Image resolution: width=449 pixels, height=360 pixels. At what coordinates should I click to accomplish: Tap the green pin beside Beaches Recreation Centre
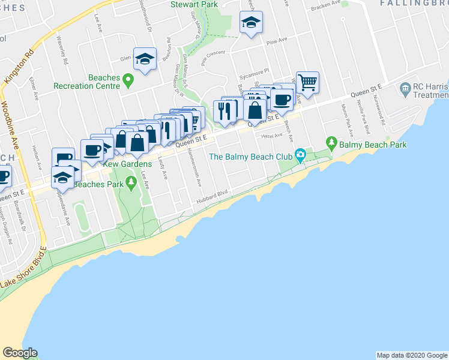point(128,79)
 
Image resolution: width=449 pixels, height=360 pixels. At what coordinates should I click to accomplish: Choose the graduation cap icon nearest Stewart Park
point(252,23)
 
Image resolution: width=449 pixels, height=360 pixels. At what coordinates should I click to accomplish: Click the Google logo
point(20,353)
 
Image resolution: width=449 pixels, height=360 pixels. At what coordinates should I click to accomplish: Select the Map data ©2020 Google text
point(411,355)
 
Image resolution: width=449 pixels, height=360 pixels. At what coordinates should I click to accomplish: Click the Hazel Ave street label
point(270,136)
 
